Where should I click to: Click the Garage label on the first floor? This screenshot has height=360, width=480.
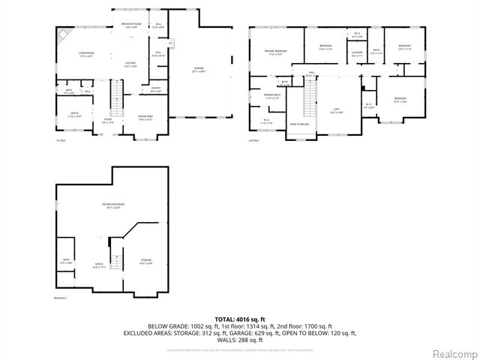click(x=199, y=70)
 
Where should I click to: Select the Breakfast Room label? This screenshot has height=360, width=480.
click(x=133, y=25)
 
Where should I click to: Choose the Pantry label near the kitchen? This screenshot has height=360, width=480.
click(x=155, y=89)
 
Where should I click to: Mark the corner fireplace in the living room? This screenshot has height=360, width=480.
click(x=63, y=34)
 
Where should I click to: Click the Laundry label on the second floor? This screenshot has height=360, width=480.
click(x=357, y=53)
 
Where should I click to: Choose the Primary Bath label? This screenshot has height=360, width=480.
click(x=271, y=96)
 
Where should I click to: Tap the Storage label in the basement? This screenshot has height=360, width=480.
click(x=145, y=262)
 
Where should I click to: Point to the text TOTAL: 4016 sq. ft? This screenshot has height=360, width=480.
click(x=240, y=319)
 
